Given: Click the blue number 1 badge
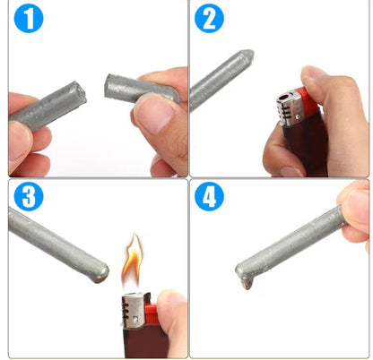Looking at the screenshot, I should click(x=29, y=18).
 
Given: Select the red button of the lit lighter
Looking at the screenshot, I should click(x=150, y=313).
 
